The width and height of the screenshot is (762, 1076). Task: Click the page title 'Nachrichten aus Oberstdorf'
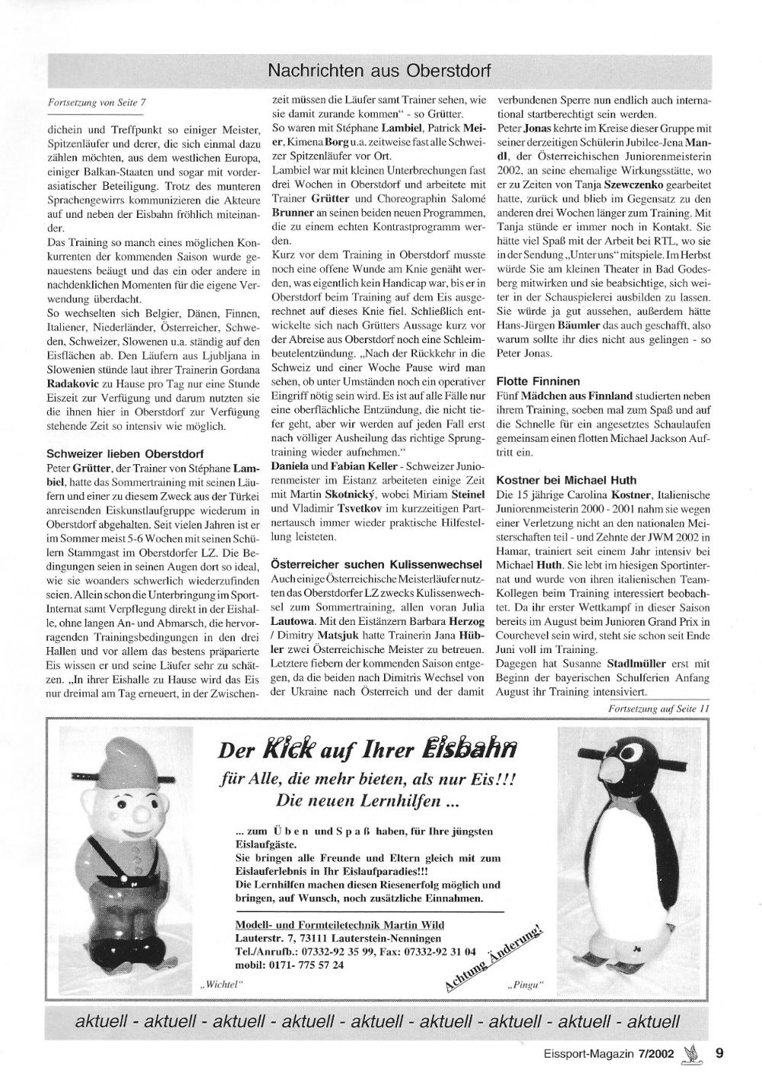pos(379,72)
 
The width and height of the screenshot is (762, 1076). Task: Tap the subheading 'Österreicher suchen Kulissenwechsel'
pos(376,565)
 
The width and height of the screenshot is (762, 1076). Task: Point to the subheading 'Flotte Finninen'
pos(538,380)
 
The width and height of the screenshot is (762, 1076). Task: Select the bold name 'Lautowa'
pos(293,635)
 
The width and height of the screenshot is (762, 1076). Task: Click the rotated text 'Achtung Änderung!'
pos(493,957)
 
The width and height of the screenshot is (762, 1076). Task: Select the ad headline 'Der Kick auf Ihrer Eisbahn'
pos(368,750)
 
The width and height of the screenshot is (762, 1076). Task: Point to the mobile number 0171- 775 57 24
pos(290,964)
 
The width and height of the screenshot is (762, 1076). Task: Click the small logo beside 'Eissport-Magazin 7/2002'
pos(692,1054)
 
